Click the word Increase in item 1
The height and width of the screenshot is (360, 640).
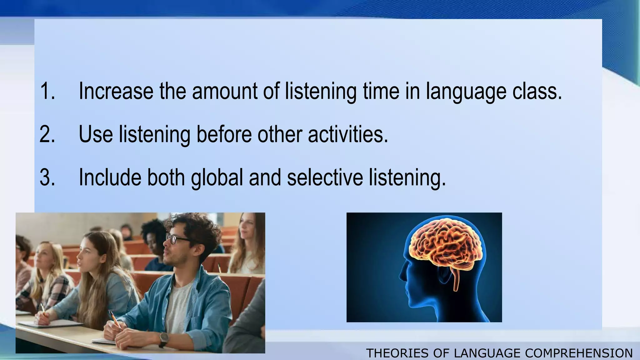pos(116,91)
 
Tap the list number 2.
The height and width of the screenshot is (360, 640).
pos(47,134)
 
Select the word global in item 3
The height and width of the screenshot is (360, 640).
pos(217,177)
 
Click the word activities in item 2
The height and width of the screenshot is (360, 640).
pos(348,134)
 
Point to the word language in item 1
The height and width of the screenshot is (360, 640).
pos(466,91)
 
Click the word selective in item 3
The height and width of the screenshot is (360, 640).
pos(325,177)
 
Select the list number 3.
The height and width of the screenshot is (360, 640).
pos(47,177)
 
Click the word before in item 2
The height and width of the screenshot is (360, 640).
pos(224,134)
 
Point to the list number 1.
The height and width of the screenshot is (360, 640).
pos(47,91)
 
